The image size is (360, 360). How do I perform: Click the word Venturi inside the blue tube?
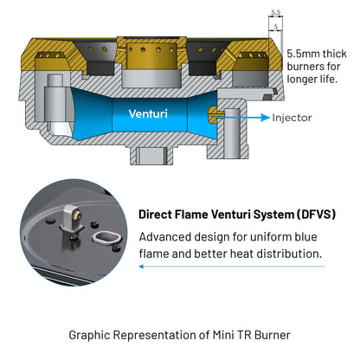coord(148,114)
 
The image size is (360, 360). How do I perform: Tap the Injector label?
coord(292,118)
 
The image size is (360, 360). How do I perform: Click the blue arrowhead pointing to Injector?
coord(265,118)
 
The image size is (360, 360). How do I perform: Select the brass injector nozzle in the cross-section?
coord(213,115)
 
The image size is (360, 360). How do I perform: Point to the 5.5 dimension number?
coord(276,13)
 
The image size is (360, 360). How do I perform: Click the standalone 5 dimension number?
coord(276,27)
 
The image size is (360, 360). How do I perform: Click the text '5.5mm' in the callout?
coord(303,54)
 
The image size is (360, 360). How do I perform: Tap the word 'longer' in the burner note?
coord(302,79)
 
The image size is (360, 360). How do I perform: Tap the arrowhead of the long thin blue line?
coord(141,267)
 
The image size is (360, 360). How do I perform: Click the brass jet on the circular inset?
coord(78,214)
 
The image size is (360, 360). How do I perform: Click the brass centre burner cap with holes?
coord(151,55)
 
